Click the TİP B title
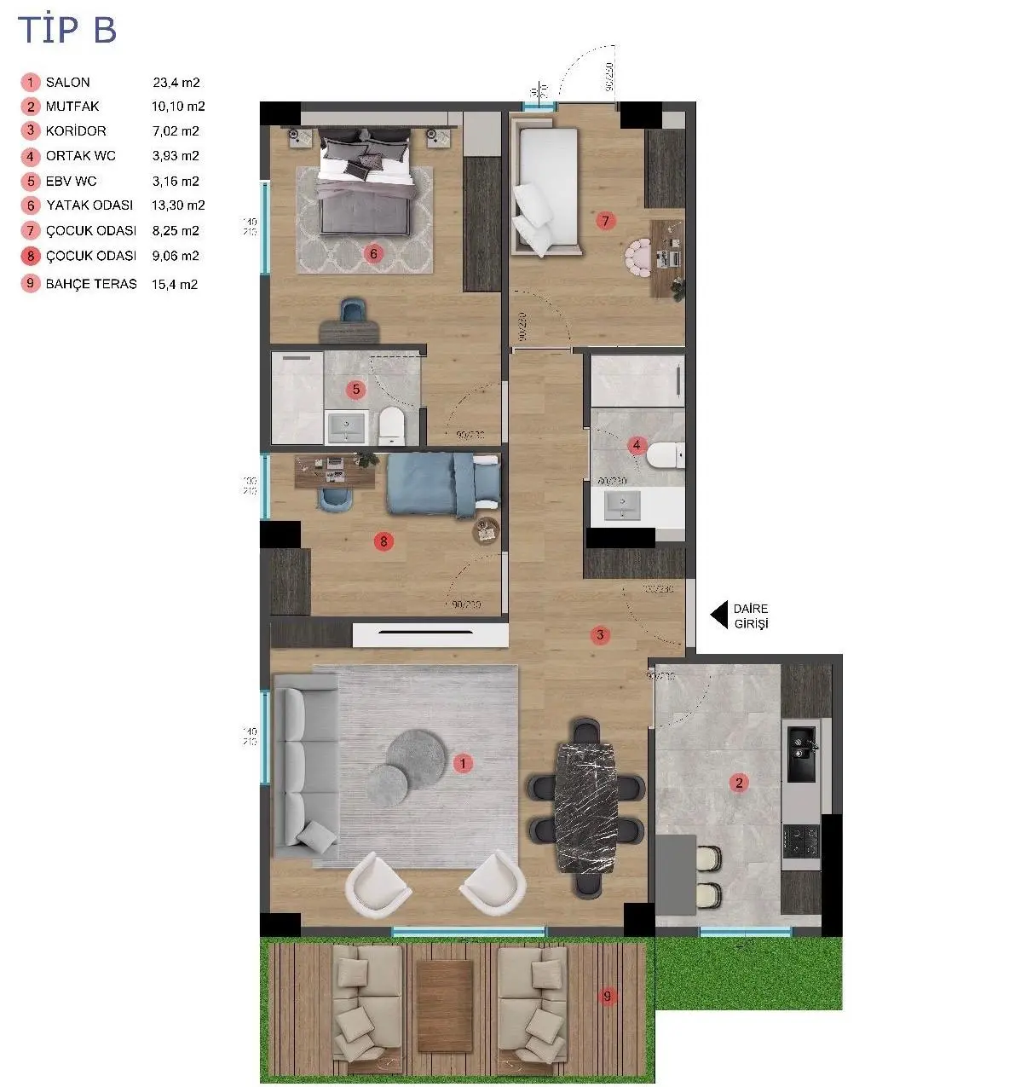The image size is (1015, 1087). [67, 30]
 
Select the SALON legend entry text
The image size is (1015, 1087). [67, 83]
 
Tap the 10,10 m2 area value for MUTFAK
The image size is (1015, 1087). [178, 107]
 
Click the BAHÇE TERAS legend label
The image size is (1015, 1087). [91, 284]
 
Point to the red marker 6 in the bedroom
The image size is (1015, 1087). [372, 253]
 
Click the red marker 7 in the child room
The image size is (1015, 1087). [605, 222]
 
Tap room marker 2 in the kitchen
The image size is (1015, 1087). [739, 783]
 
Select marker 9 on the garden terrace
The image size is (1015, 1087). [607, 996]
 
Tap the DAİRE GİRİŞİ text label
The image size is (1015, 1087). [751, 616]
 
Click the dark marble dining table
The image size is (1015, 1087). [585, 807]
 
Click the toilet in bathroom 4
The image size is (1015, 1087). [666, 455]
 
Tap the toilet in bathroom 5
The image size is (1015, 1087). [392, 425]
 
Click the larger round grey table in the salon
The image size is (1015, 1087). [416, 754]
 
